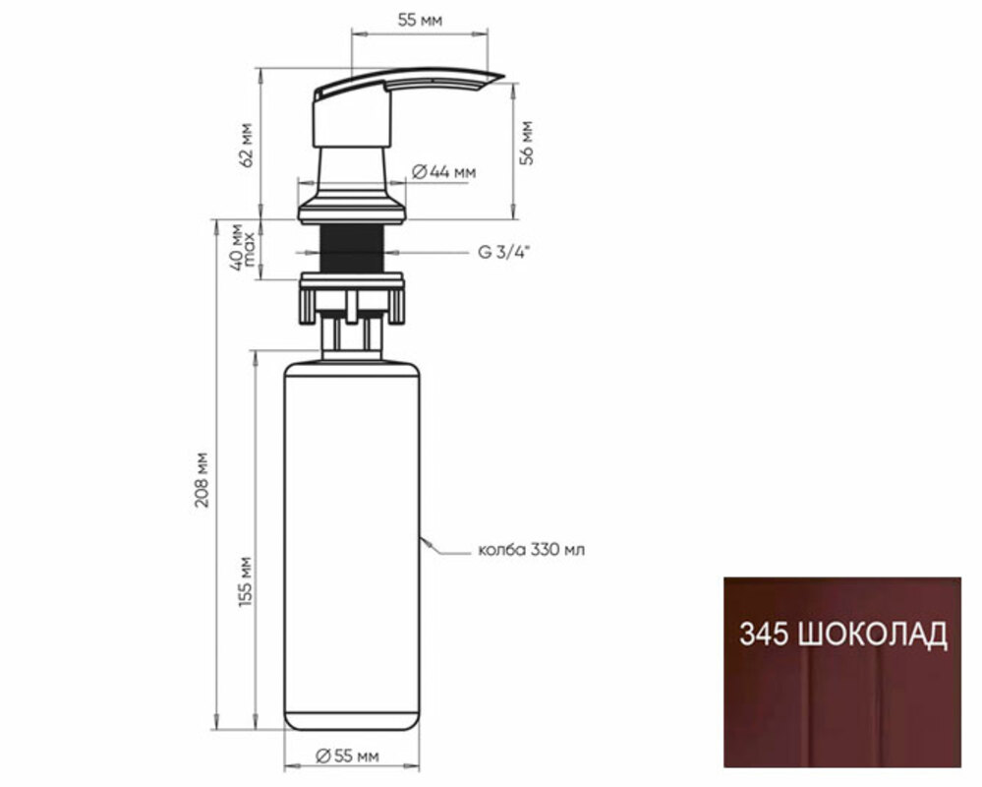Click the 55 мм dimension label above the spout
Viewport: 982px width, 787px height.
pos(420,20)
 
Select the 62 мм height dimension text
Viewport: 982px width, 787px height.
pos(248,145)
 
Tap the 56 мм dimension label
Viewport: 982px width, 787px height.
pos(527,144)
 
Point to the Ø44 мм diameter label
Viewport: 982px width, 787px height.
pos(444,172)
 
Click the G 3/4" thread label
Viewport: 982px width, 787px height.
pos(504,253)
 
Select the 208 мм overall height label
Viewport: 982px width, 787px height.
pos(202,479)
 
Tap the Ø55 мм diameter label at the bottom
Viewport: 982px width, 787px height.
pos(347,757)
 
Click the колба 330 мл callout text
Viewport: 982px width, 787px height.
pos(531,550)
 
